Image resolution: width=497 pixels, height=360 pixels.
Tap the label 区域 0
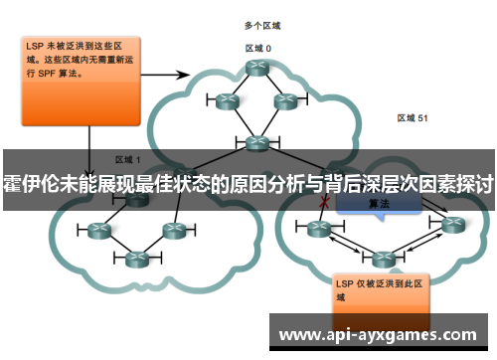tap(258, 47)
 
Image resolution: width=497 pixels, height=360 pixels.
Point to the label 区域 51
tap(412, 117)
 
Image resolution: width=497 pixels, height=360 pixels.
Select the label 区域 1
tap(128, 159)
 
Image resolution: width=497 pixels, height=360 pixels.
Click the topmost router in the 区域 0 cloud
tap(258, 68)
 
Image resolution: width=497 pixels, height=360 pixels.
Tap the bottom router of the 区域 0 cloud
tap(258, 141)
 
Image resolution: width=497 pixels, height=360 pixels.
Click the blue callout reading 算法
tap(379, 204)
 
